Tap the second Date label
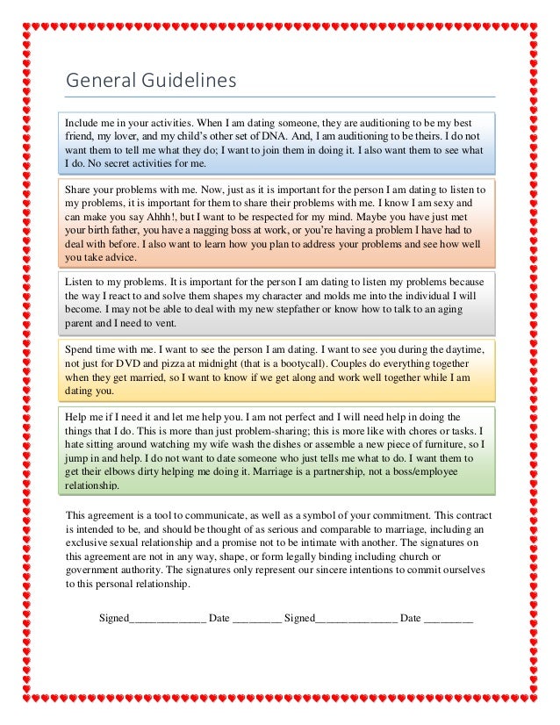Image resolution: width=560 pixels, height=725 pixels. point(411,617)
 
